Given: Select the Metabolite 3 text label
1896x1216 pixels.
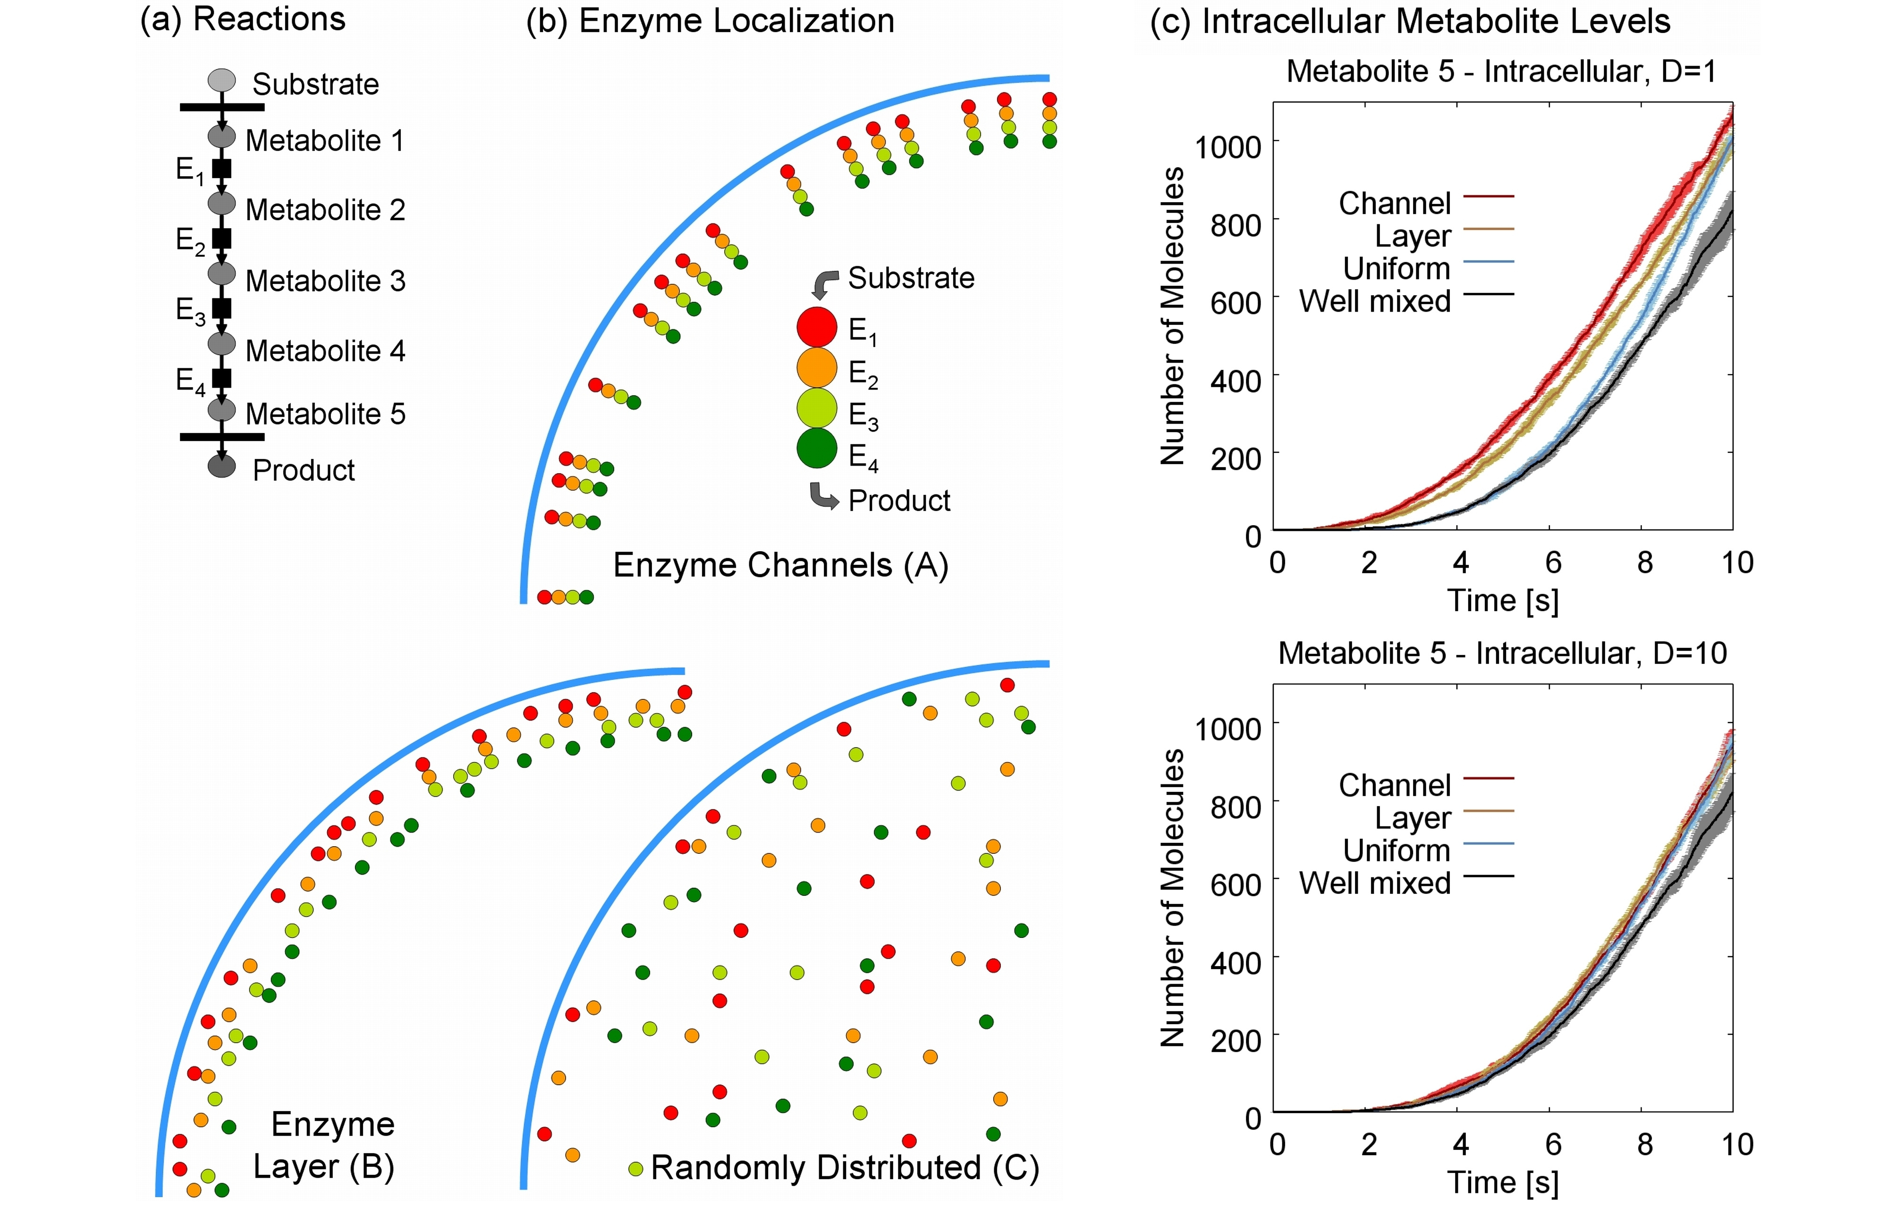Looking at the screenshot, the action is pos(325,281).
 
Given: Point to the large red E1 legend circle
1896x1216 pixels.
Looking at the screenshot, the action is pos(816,327).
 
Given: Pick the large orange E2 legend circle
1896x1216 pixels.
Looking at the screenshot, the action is pos(816,368).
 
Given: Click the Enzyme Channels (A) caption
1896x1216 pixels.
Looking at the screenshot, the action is pos(781,565).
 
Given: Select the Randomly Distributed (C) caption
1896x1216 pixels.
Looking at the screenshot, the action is pos(845,1167).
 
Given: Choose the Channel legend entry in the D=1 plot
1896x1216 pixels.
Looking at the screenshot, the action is pos(1426,203).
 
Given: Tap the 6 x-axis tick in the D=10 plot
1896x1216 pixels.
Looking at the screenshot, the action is pos(1553,1144).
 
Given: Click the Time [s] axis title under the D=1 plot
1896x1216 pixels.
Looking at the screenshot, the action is pos(1503,601).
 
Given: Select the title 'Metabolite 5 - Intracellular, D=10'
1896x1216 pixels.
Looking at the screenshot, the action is pos(1502,653).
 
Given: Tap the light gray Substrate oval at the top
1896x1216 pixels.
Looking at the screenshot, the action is pos(222,80).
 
